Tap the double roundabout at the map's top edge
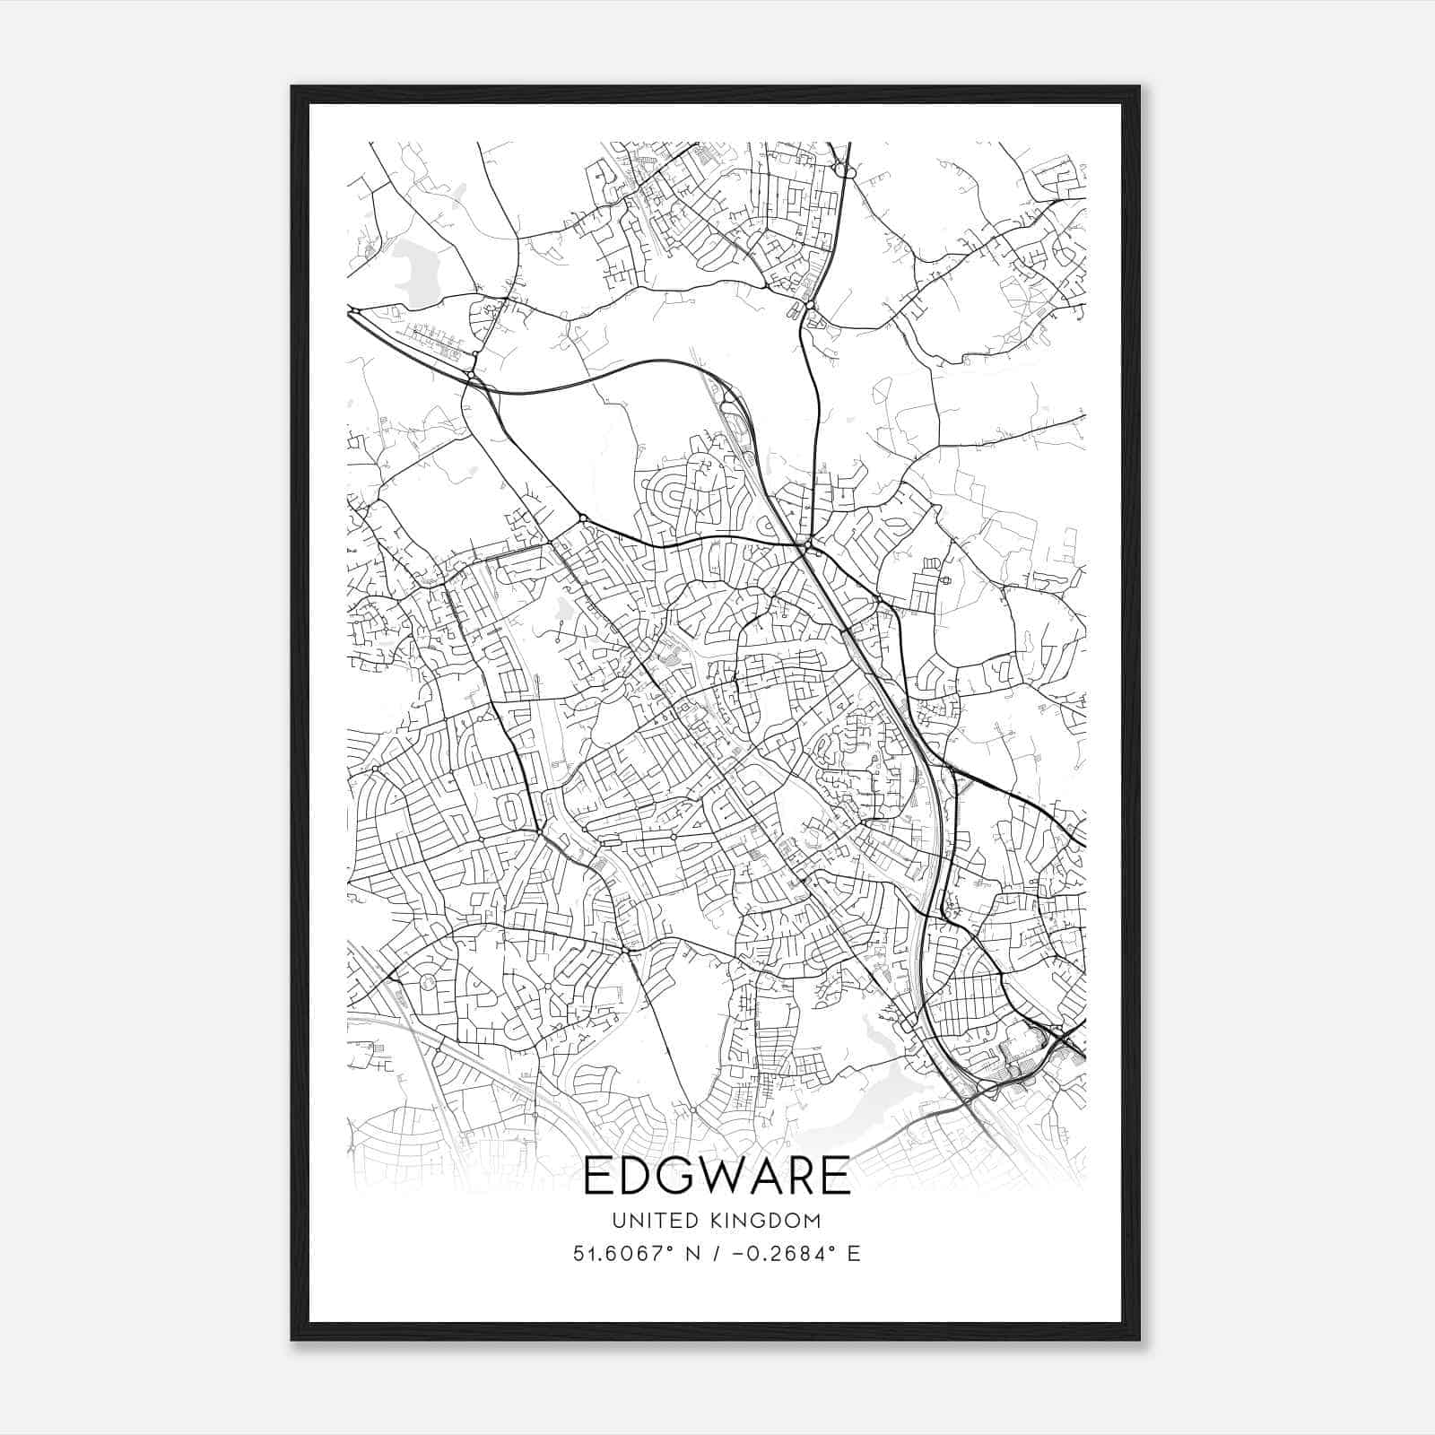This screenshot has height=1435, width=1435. click(842, 168)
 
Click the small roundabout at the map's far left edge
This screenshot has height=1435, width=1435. click(355, 310)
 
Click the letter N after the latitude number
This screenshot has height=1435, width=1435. click(692, 1253)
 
